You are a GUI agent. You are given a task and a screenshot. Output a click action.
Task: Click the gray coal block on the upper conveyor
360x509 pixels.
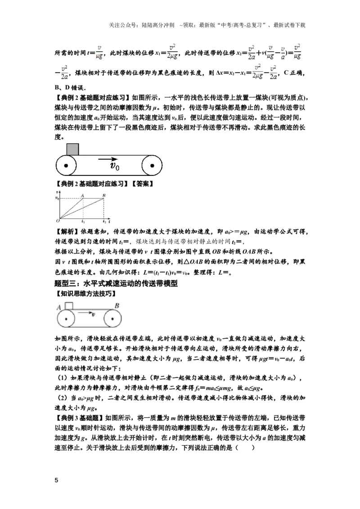(x=72, y=149)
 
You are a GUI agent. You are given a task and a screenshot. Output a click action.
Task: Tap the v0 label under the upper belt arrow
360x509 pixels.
(x=115, y=166)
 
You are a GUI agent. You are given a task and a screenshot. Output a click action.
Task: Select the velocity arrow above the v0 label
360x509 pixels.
(x=108, y=159)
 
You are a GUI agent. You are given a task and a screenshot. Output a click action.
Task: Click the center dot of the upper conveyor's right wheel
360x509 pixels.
(x=152, y=165)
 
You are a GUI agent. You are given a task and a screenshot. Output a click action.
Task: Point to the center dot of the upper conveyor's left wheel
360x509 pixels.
(x=66, y=165)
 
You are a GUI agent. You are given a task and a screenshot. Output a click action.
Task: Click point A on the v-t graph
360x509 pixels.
(x=82, y=196)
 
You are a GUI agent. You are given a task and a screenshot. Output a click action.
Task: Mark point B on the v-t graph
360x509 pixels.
(x=104, y=196)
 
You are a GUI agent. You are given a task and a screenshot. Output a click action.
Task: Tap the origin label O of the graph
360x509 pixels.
(x=58, y=221)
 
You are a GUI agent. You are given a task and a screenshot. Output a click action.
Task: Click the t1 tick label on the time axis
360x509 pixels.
(x=83, y=221)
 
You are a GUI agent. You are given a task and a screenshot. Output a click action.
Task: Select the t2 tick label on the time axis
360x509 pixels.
(x=104, y=221)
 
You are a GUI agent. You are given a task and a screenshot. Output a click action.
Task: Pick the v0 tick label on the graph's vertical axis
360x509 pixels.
(x=57, y=198)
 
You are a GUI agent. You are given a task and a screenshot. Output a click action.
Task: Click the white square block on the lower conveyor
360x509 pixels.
(x=69, y=306)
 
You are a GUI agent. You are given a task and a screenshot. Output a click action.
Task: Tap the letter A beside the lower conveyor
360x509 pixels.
(x=59, y=308)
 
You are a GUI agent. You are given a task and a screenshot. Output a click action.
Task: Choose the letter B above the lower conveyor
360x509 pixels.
(x=117, y=305)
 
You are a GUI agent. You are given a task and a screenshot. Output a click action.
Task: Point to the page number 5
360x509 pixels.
(x=57, y=480)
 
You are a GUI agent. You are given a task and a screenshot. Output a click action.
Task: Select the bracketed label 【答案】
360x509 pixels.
(x=142, y=184)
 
